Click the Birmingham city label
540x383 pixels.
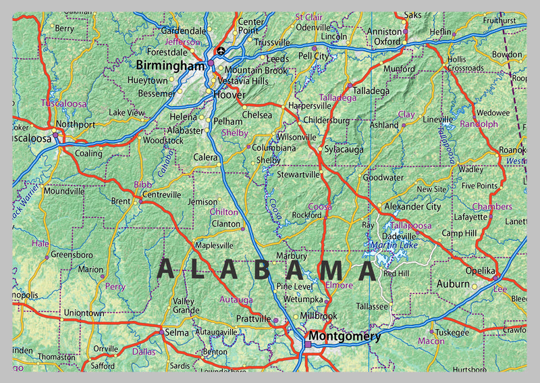click(170, 66)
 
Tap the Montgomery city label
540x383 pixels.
click(345, 336)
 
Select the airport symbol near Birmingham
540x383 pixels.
click(221, 51)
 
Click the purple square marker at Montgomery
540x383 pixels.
click(308, 344)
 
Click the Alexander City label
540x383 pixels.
click(412, 207)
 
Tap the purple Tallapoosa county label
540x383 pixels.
click(410, 225)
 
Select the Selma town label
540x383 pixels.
click(178, 334)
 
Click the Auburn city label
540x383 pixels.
click(452, 284)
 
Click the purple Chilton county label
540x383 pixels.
click(223, 211)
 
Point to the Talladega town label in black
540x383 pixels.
click(371, 91)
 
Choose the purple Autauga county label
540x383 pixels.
click(236, 299)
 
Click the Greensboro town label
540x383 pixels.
click(72, 255)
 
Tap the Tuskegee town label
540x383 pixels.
click(452, 332)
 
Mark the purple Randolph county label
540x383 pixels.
click(479, 124)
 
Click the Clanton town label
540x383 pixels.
click(226, 224)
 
